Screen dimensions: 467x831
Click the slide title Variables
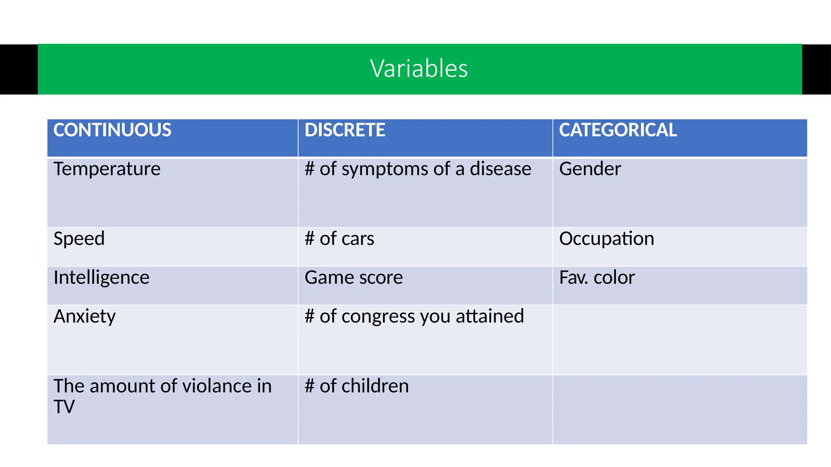coord(419,69)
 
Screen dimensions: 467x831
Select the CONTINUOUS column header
coord(112,130)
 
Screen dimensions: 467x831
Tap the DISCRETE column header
coord(344,130)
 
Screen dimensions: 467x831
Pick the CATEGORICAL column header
coord(618,130)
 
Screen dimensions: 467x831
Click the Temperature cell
coord(107,169)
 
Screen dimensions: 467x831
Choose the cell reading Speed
coord(79,238)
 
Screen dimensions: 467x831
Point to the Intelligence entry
coord(101,278)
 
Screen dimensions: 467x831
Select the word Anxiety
coord(84,317)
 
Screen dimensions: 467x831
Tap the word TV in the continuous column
coord(64,407)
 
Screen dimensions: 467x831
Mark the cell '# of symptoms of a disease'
coord(418,169)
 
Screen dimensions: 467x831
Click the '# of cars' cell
coord(339,239)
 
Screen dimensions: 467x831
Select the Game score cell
coord(353,278)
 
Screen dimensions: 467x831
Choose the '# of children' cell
coord(356,386)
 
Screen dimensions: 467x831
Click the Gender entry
coord(590,169)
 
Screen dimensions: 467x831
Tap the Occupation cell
coord(606,239)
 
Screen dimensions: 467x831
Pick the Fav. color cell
coord(596,278)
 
